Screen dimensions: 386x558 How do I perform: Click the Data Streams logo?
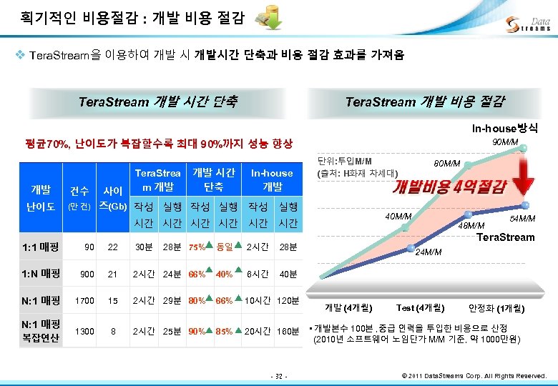coord(528,24)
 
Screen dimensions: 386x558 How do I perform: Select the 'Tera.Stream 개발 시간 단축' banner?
coord(158,102)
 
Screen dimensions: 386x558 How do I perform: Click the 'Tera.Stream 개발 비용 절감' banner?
coord(424,102)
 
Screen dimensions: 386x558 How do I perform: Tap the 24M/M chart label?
coord(429,252)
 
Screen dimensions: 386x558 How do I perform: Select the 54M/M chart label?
coord(522,219)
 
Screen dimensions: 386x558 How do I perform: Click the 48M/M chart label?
coord(471,226)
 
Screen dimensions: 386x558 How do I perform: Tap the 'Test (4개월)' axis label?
coord(420,308)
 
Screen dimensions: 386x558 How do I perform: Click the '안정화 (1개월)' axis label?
coord(496,308)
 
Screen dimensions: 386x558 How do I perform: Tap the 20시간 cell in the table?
coord(257,332)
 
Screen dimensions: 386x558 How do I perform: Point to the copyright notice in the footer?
coord(475,375)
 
